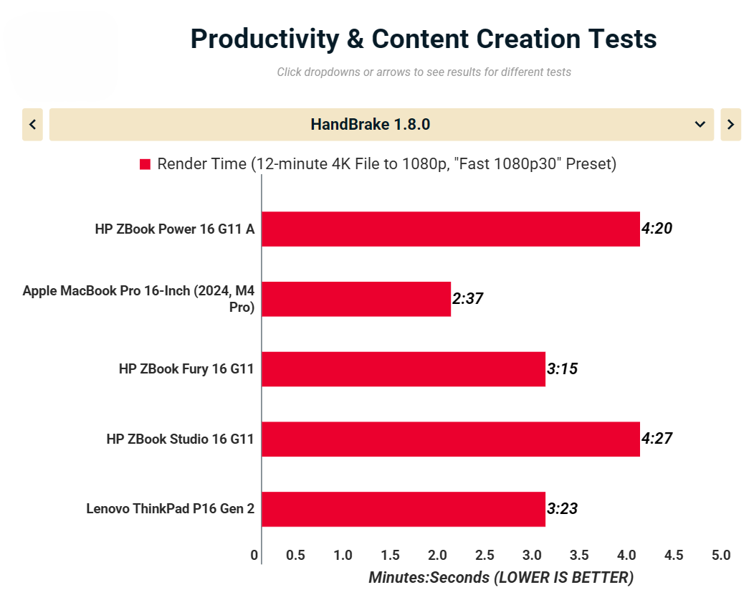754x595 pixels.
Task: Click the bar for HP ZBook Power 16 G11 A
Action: point(450,229)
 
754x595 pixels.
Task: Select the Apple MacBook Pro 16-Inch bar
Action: point(356,299)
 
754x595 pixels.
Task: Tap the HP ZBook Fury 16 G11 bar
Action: point(403,369)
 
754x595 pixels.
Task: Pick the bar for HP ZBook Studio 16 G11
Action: point(450,439)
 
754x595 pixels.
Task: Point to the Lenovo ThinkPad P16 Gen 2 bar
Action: point(403,509)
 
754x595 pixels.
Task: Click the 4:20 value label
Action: point(657,229)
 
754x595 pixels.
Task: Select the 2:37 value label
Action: point(467,299)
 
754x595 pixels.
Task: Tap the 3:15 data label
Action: point(562,369)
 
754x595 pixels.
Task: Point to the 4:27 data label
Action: point(657,439)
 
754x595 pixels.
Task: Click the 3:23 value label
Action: point(562,509)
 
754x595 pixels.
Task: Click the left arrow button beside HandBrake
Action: point(32,125)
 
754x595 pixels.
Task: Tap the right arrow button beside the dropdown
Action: point(730,125)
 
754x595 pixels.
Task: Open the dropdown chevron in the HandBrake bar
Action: point(700,125)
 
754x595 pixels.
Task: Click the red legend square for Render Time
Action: point(145,164)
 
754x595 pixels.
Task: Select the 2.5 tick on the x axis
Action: point(485,555)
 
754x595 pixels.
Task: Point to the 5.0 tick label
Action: point(721,555)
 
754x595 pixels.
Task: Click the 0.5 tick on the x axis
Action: point(295,555)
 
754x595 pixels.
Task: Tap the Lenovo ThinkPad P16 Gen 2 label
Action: point(171,509)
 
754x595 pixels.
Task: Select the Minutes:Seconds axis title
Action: point(501,577)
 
